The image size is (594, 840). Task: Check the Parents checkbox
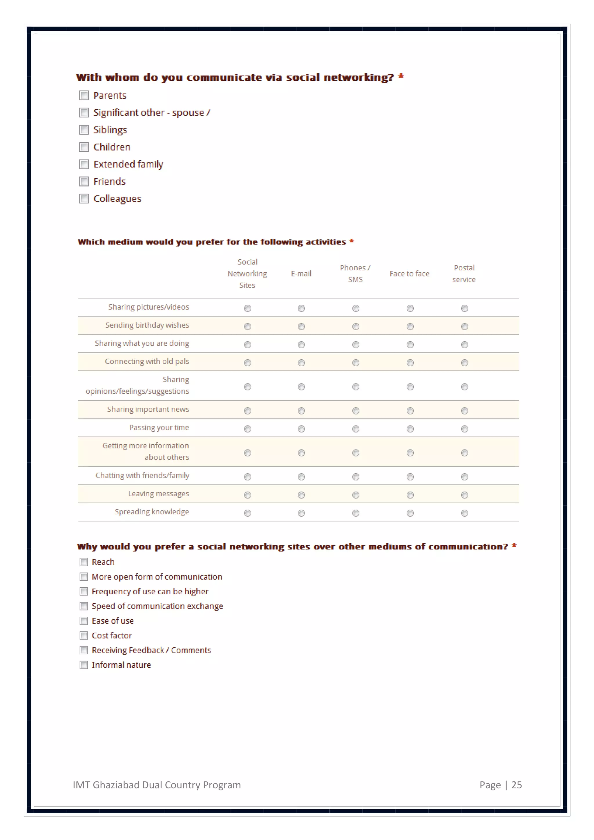(84, 95)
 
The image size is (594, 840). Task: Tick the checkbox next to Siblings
(84, 130)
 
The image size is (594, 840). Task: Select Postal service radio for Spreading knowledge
(465, 513)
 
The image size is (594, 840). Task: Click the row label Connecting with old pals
(147, 361)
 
